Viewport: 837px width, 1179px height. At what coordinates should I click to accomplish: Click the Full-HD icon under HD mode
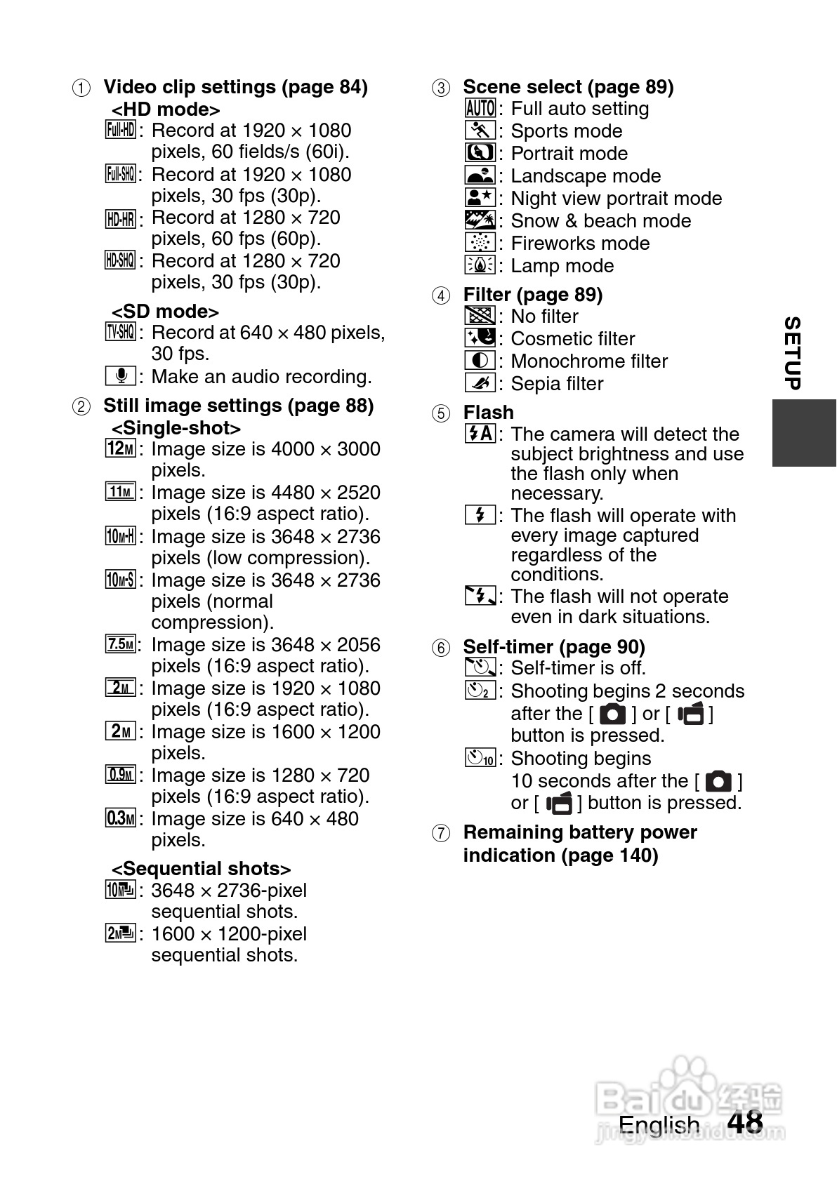pos(120,130)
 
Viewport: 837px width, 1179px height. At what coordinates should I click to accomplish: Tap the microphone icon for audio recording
pos(120,376)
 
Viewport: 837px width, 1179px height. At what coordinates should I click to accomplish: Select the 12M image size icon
pos(120,448)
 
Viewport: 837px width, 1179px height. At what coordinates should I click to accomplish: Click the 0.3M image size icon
pos(120,818)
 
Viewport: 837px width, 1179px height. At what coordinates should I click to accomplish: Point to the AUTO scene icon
pos(480,108)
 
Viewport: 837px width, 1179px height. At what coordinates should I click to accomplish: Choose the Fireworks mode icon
pos(480,243)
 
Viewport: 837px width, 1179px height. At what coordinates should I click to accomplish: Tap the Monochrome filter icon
pos(480,361)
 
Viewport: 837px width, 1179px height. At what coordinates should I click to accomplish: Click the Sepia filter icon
pos(480,383)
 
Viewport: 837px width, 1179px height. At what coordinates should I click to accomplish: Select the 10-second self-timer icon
pos(481,758)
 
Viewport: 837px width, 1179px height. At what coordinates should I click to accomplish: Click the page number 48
pos(745,1122)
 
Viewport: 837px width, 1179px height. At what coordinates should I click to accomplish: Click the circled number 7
pos(440,833)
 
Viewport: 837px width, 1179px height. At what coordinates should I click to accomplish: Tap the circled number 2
pos(81,406)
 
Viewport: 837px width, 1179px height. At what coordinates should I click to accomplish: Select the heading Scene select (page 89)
pos(568,87)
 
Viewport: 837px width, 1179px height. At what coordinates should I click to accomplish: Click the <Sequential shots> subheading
pos(201,869)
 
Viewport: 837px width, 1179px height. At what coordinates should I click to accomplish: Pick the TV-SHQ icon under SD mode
pos(120,332)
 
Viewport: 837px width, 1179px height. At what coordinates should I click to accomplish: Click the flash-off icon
pos(480,597)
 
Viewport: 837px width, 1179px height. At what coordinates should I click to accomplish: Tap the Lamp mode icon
pos(480,265)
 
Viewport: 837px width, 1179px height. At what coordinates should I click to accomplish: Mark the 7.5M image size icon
pos(120,644)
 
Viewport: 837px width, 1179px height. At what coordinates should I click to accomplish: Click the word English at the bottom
pos(659,1124)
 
